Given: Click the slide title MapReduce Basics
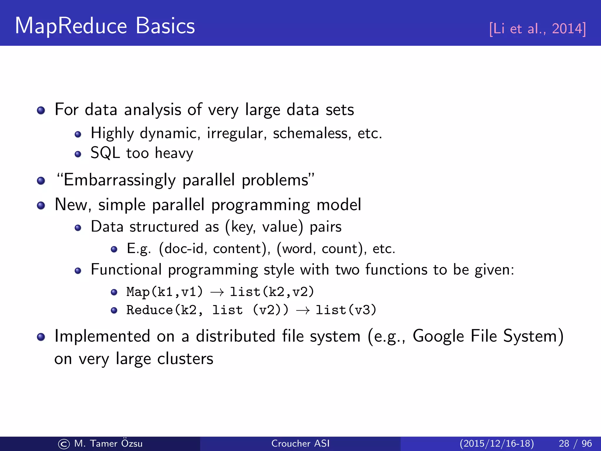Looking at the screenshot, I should pos(105,26).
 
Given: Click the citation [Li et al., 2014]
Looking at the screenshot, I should pos(537,29).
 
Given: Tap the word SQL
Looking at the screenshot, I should pos(105,153).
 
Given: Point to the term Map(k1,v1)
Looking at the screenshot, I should pos(164,292).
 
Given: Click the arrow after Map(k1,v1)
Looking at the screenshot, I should pos(217,292).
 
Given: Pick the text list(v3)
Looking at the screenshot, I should pos(346,310).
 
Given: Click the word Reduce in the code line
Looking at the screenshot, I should pos(149,310).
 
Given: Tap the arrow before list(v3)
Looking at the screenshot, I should pos(303,310).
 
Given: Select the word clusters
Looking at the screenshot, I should pos(185,359).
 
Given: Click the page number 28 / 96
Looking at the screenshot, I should pos(575,443).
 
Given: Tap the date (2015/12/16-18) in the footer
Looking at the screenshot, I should pos(497,443).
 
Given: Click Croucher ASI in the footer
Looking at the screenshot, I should pos(300,443).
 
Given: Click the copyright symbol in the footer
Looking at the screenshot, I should pos(64,444).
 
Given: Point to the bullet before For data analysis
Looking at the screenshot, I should pos(41,110).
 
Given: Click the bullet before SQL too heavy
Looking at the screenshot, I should pos(78,154).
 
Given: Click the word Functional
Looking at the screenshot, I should pos(126,270).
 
